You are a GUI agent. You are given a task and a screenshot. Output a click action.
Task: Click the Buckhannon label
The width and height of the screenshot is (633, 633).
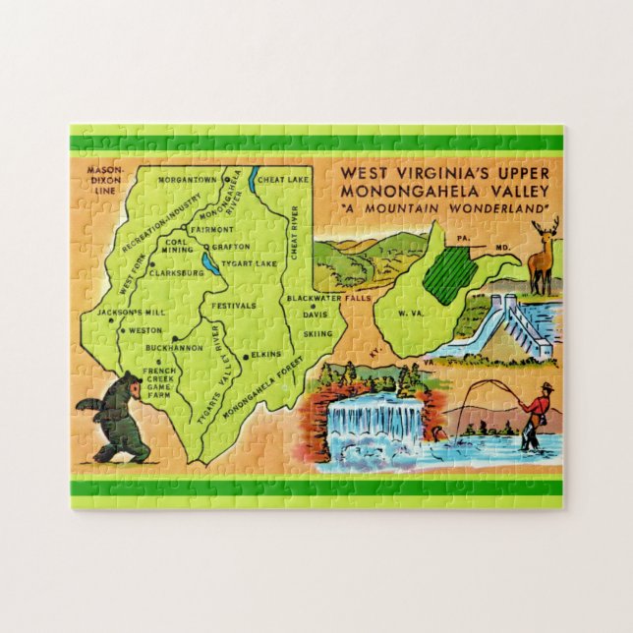173,348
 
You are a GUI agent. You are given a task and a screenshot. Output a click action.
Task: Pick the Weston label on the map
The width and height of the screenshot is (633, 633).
145,331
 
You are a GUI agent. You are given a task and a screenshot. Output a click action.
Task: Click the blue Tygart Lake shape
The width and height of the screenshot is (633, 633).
207,263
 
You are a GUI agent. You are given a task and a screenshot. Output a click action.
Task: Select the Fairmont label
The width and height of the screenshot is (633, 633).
211,230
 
